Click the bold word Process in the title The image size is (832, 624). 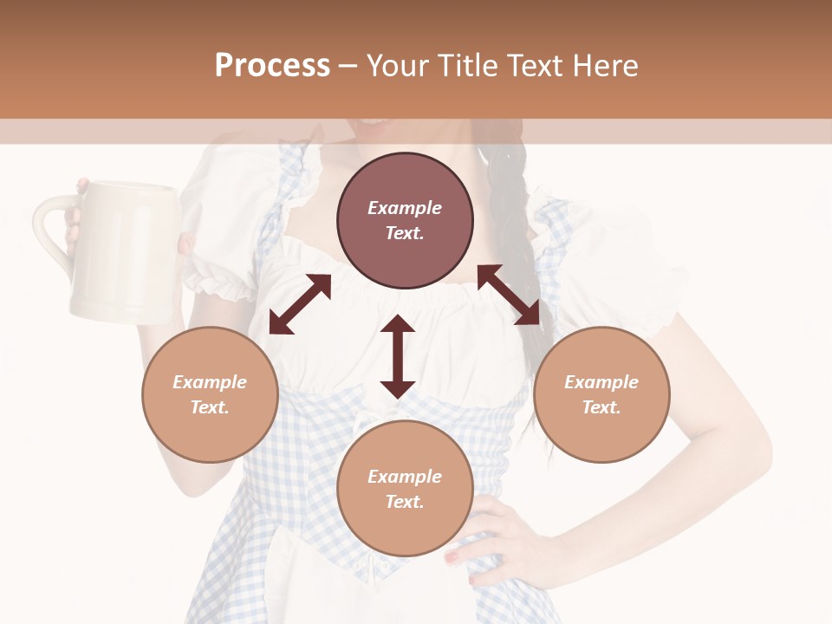[272, 66]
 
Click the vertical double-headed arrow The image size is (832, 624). [398, 356]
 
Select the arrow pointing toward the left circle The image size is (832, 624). [300, 304]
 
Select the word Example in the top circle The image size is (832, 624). [405, 208]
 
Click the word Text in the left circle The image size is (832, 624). [210, 407]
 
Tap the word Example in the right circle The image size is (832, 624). [601, 382]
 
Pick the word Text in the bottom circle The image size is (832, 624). [405, 502]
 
